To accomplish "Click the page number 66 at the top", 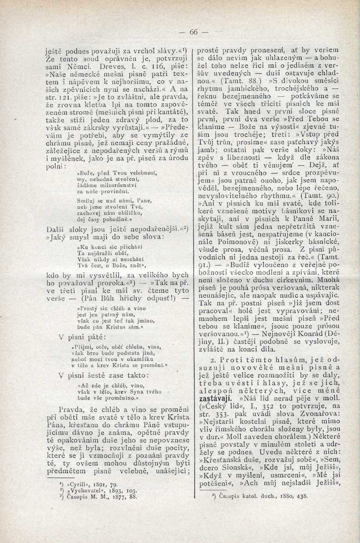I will point(193,32).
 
